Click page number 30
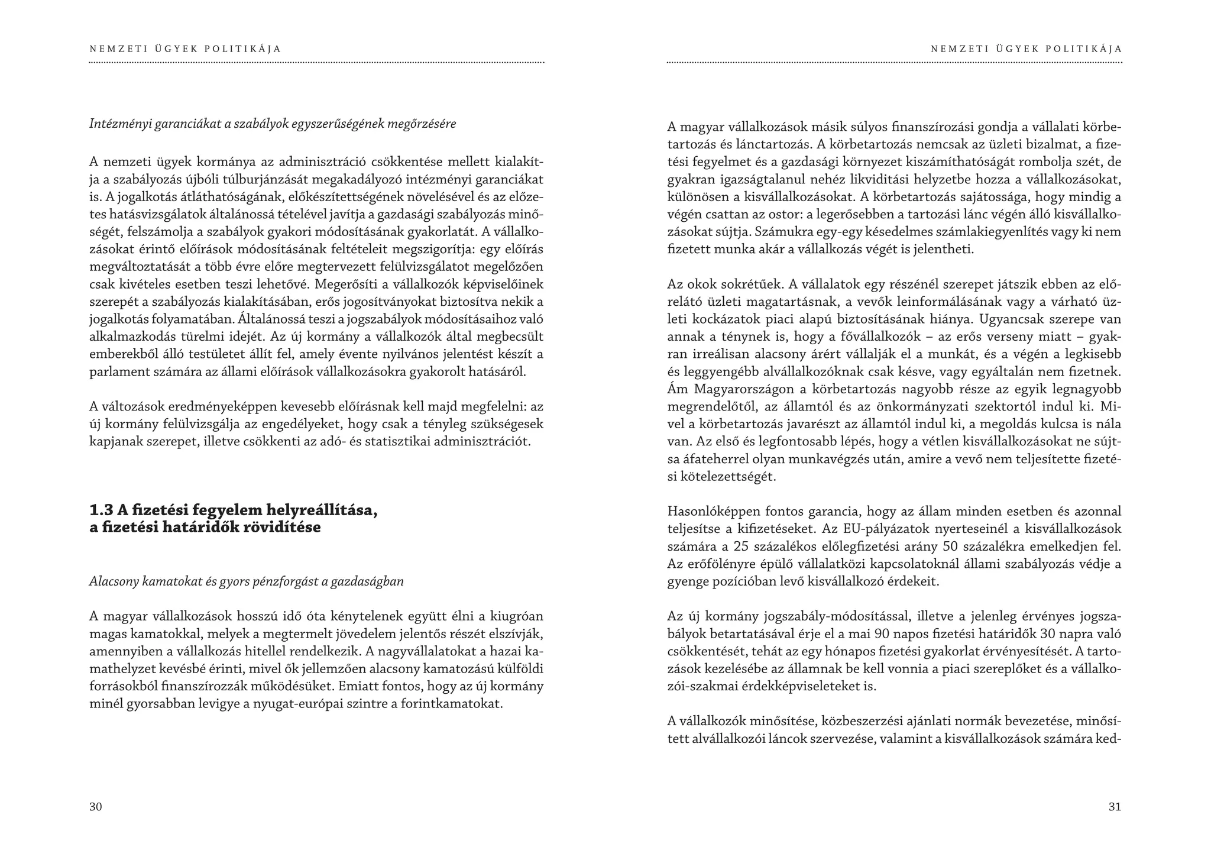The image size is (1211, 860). (x=96, y=807)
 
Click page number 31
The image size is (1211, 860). (x=1115, y=807)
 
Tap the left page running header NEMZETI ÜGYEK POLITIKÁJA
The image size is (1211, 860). (x=185, y=49)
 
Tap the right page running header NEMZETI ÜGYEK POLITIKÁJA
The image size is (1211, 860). (x=1026, y=49)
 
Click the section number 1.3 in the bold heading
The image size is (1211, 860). (x=101, y=510)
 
